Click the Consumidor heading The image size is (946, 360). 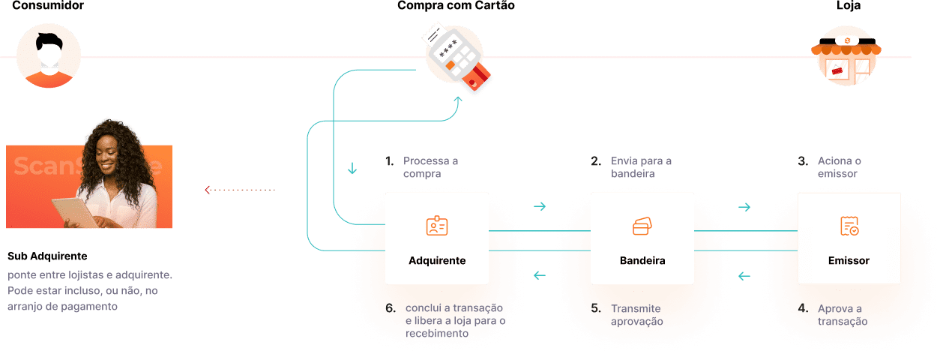tap(48, 6)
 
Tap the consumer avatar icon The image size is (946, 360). tap(49, 55)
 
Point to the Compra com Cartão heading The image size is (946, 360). tap(456, 6)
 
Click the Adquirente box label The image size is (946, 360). tap(437, 261)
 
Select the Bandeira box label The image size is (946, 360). tap(642, 261)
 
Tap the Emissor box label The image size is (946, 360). tap(849, 261)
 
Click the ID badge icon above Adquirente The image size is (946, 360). tap(436, 226)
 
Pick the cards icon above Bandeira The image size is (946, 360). tap(642, 226)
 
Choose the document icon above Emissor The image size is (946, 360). tap(849, 226)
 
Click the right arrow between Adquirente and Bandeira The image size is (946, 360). tap(539, 207)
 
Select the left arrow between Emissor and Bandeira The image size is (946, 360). tap(744, 277)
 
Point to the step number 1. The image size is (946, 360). tap(389, 161)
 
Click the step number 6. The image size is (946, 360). tap(389, 308)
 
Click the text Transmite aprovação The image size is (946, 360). tap(637, 315)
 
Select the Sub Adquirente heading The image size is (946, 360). tap(47, 256)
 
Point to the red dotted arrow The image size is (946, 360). tap(240, 190)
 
